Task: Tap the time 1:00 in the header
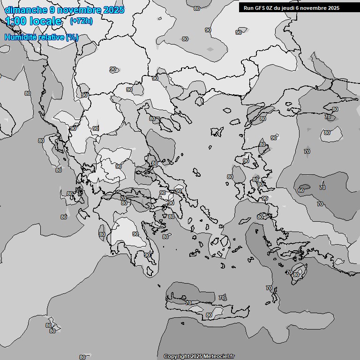pyautogui.click(x=16, y=21)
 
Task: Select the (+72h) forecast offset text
pyautogui.click(x=81, y=21)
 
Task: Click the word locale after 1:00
pyautogui.click(x=45, y=21)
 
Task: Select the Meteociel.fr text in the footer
pyautogui.click(x=219, y=357)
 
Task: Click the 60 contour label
pyautogui.click(x=301, y=190)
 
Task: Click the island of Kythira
pyautogui.click(x=150, y=271)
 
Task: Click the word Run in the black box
pyautogui.click(x=248, y=7)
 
